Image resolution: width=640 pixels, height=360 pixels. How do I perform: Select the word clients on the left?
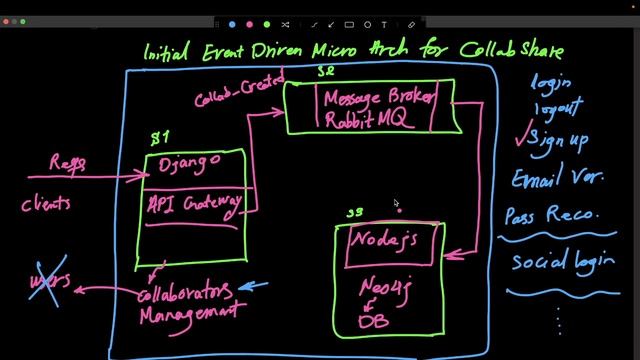(46, 204)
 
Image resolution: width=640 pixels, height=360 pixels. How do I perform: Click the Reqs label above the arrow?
(67, 163)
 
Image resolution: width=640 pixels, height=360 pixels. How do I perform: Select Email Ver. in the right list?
(556, 180)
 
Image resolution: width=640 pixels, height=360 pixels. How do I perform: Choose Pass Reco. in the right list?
(551, 215)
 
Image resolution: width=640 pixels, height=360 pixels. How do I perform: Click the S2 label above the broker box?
(326, 71)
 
